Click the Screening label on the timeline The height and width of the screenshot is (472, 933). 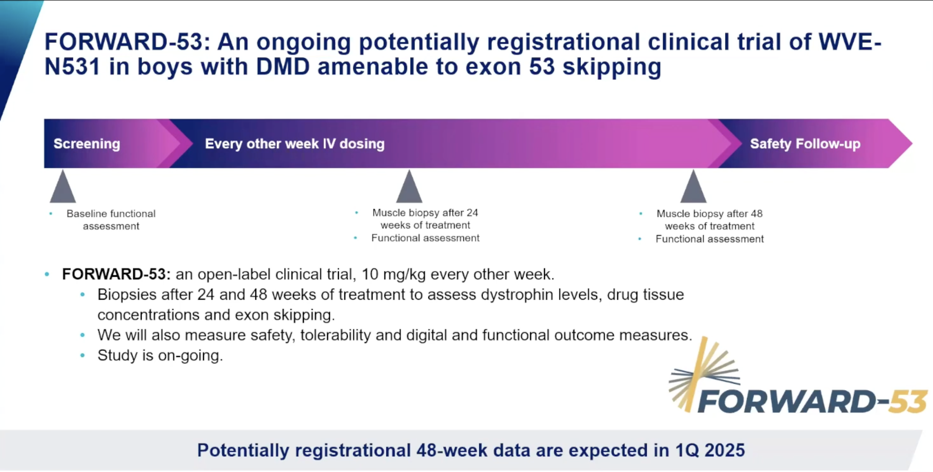pyautogui.click(x=87, y=144)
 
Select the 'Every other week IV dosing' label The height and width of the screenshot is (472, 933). pyautogui.click(x=295, y=144)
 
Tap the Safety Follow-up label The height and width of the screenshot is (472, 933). pyautogui.click(x=805, y=144)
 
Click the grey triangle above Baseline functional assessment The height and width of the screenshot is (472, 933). pyautogui.click(x=63, y=186)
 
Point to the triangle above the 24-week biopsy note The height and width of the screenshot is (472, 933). pyautogui.click(x=409, y=186)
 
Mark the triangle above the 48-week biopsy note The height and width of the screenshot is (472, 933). pyautogui.click(x=693, y=186)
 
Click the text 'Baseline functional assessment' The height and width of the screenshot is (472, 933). pyautogui.click(x=111, y=220)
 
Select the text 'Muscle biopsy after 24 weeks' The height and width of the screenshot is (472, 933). pyautogui.click(x=425, y=219)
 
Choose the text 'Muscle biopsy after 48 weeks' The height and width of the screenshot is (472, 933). pyautogui.click(x=710, y=220)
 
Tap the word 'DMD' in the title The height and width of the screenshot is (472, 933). pyautogui.click(x=283, y=67)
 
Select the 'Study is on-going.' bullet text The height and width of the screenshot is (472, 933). pyautogui.click(x=160, y=355)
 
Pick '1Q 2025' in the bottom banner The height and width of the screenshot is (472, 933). pyautogui.click(x=710, y=450)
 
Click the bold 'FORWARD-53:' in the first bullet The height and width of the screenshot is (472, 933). pyautogui.click(x=116, y=274)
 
